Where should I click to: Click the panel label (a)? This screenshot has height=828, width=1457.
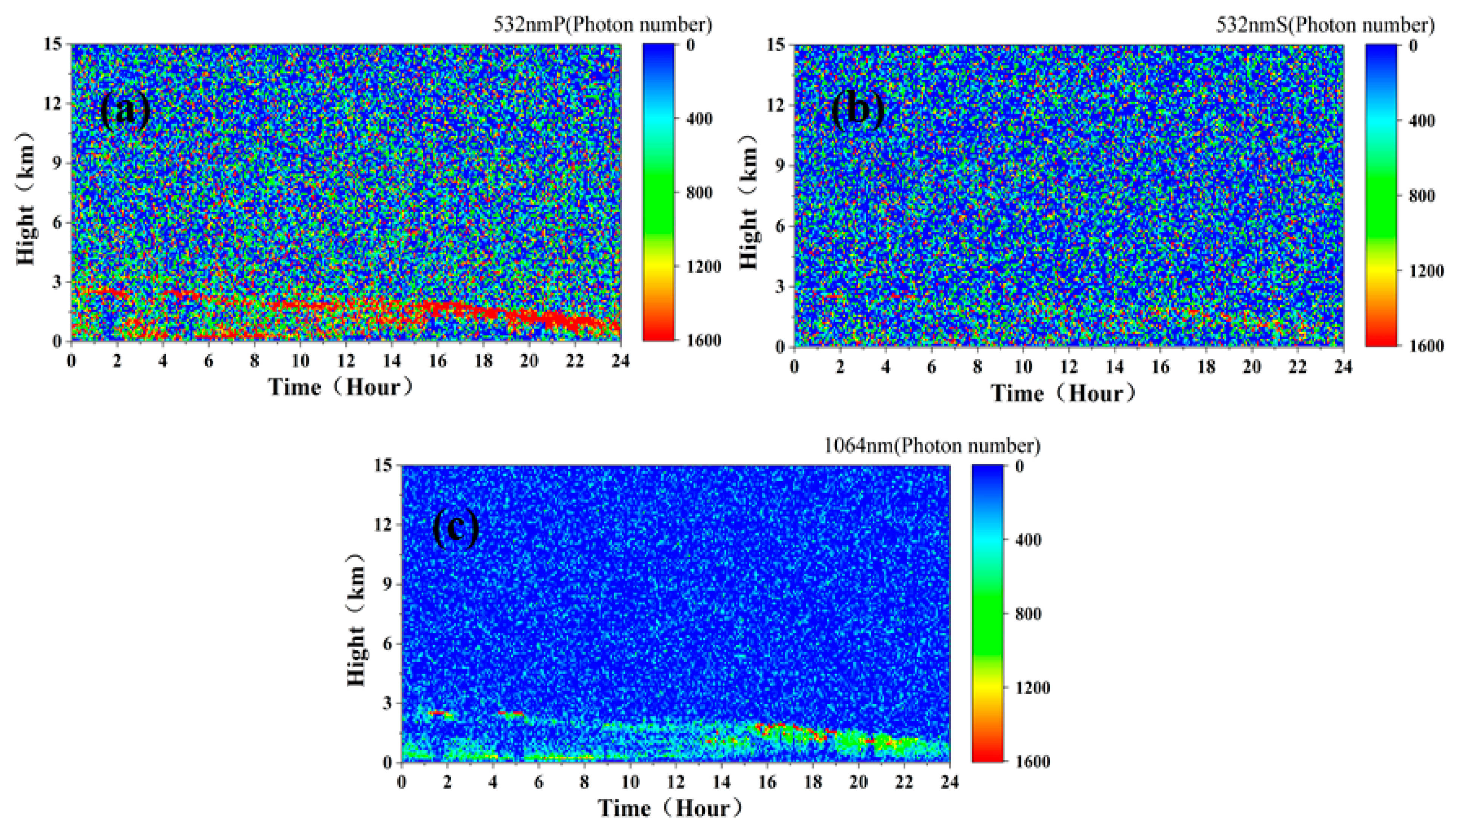pos(125,110)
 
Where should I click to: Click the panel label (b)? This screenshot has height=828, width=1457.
pos(858,110)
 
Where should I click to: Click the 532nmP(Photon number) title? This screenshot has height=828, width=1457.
pos(602,25)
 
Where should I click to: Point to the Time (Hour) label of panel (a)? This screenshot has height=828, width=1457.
pos(340,387)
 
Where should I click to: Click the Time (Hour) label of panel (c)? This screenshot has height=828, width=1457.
pos(670,808)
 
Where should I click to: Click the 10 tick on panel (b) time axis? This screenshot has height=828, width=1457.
pos(1023,367)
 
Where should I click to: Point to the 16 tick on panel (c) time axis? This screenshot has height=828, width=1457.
pos(767,782)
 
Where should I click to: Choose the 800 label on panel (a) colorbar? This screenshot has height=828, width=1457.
pos(698,193)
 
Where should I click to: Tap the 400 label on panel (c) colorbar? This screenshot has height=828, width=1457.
pos(1028,540)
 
